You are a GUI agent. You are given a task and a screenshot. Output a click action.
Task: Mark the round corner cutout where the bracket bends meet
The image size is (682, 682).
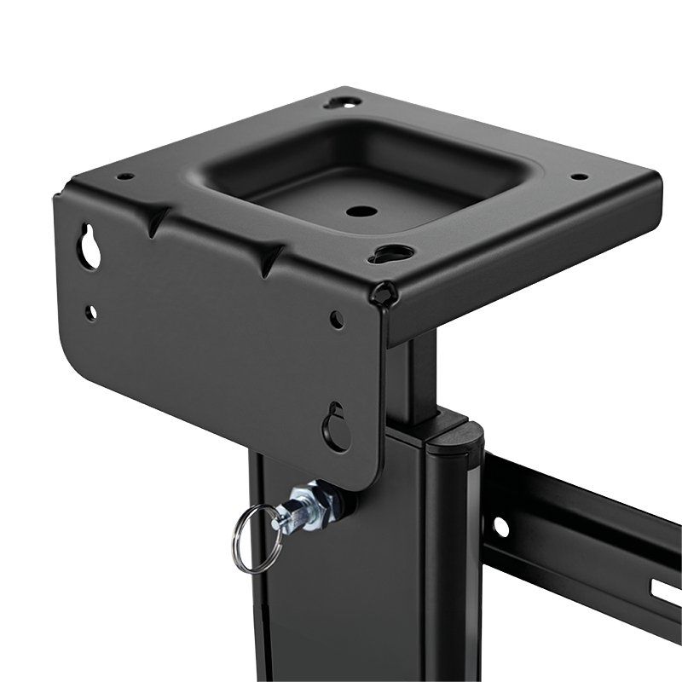386,293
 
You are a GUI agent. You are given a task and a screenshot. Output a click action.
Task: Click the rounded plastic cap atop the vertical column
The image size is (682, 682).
455,439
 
